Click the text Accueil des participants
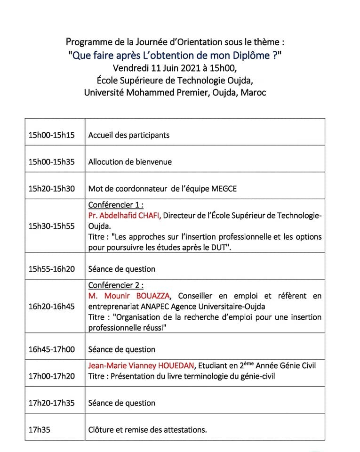129,135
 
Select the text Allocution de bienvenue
130,162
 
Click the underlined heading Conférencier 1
116,205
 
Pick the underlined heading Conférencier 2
116,285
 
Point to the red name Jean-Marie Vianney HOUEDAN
141,365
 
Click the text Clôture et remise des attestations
147,430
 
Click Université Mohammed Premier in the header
145,92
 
